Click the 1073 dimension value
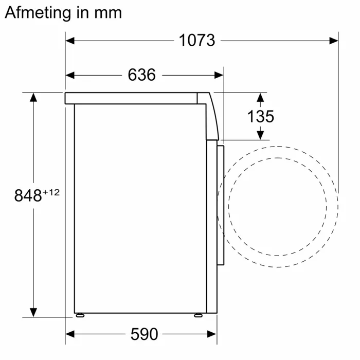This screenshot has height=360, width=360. pyautogui.click(x=197, y=40)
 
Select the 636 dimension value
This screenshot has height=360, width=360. pyautogui.click(x=141, y=75)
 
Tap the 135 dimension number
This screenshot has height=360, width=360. pyautogui.click(x=261, y=116)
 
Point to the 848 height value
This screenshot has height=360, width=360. pyautogui.click(x=27, y=196)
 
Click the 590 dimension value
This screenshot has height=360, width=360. pyautogui.click(x=144, y=334)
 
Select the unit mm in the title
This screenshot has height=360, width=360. pyautogui.click(x=109, y=13)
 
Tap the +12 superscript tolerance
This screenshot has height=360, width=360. pyautogui.click(x=51, y=192)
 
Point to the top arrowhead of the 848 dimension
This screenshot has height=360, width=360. pyautogui.click(x=33, y=97)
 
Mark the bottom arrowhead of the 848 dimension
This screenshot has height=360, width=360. pyautogui.click(x=33, y=313)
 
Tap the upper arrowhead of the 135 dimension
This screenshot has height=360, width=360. pyautogui.click(x=260, y=97)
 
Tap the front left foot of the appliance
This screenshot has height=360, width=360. pyautogui.click(x=197, y=314)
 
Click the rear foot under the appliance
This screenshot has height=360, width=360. pyautogui.click(x=79, y=314)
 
